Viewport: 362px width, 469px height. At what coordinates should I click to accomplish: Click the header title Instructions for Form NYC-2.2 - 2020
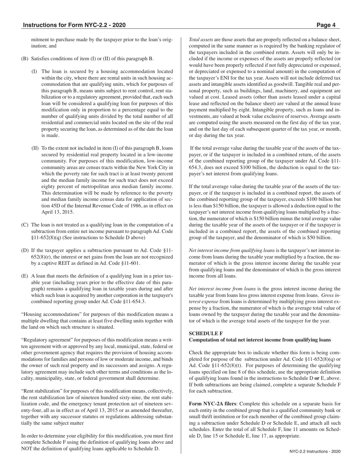point(74,25)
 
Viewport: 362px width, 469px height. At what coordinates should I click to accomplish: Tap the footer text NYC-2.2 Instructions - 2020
point(314,451)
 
